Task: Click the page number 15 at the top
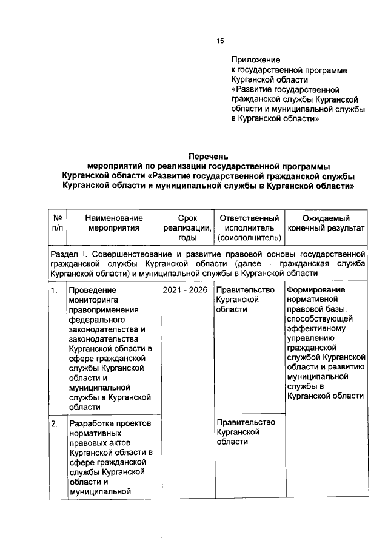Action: [x=221, y=41]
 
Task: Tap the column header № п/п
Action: [x=58, y=223]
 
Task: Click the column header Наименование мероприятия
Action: [x=113, y=223]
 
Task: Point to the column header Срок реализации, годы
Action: [x=187, y=228]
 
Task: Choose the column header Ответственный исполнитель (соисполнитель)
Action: [x=249, y=228]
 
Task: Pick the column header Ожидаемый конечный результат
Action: [x=326, y=223]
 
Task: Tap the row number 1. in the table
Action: [x=55, y=290]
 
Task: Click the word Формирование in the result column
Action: [x=315, y=290]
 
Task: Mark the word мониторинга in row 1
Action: [x=95, y=300]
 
